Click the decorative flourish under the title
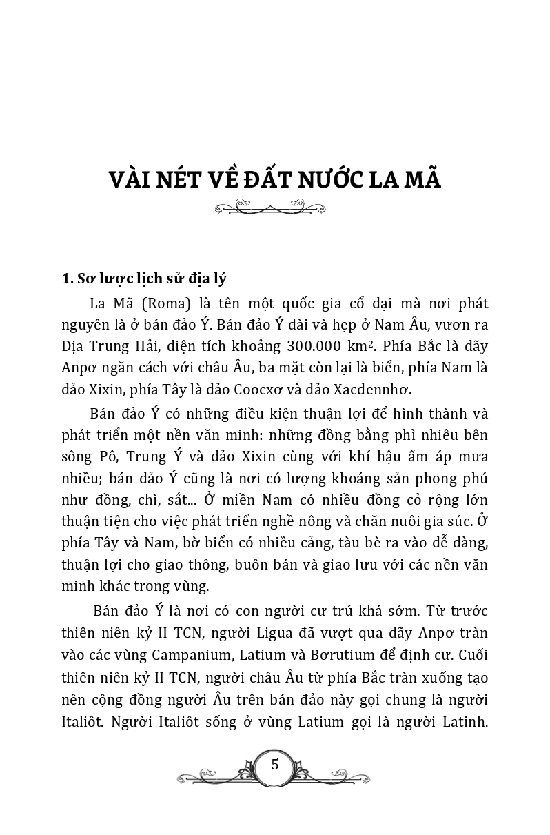tap(275, 207)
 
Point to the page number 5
tap(275, 764)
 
